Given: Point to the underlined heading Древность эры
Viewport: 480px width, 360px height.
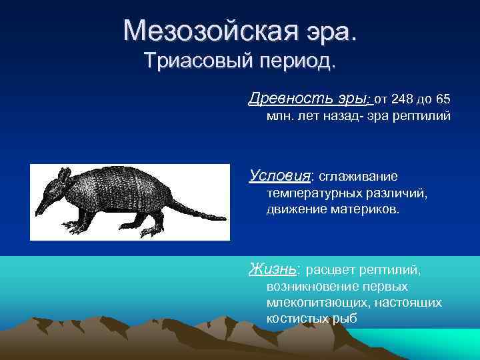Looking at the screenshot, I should point(307,99).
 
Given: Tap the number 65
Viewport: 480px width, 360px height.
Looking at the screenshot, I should point(442,100).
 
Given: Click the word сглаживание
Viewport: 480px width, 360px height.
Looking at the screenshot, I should point(358,177).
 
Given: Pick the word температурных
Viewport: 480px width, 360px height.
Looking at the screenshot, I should point(311,193).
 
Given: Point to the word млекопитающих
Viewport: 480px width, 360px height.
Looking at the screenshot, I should point(312,303).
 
